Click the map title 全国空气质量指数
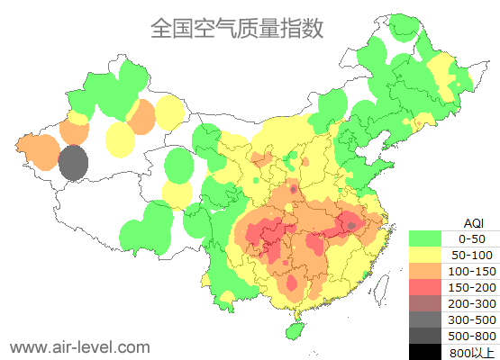237,28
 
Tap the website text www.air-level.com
79,346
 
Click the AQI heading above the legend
472,222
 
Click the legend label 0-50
471,238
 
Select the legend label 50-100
471,255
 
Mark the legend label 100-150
471,271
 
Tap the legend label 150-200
471,287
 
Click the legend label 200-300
471,303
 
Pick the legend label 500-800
471,336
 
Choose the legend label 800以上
471,352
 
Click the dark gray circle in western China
73,164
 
